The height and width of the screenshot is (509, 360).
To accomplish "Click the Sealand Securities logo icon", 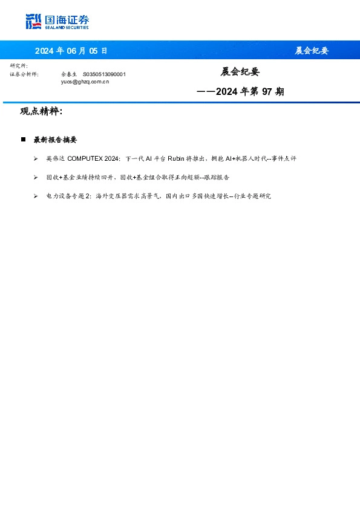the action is [x=34, y=22].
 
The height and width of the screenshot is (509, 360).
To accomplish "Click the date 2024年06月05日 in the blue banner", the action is [x=71, y=51].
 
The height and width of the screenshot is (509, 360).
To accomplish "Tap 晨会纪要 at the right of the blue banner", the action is [x=312, y=51].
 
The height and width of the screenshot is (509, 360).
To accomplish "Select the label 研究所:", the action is [x=19, y=65].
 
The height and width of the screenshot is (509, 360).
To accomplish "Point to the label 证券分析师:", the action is [x=24, y=74].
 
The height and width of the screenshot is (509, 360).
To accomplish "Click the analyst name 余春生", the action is [x=69, y=74].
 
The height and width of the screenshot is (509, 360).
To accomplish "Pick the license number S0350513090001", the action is [x=104, y=74].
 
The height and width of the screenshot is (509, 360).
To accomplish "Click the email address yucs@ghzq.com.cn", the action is [x=85, y=81].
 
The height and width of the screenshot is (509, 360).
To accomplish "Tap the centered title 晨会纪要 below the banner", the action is [x=240, y=72].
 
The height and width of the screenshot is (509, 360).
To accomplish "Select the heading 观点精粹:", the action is [x=41, y=112].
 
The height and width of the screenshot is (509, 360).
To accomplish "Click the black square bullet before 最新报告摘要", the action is [x=23, y=139].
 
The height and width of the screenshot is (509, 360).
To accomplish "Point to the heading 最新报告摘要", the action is [x=55, y=140].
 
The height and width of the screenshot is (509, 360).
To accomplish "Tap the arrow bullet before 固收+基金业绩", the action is [x=36, y=178].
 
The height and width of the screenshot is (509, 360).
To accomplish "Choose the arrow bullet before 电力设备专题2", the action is [x=36, y=196].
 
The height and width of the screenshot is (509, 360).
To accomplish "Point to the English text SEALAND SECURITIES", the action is [x=67, y=28].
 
